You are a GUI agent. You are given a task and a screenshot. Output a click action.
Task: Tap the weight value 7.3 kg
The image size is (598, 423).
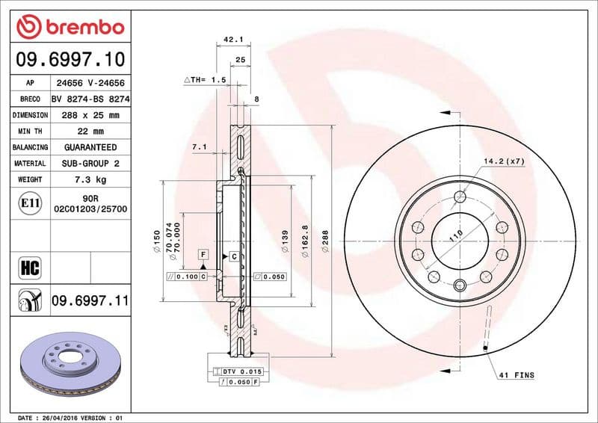coord(90,179)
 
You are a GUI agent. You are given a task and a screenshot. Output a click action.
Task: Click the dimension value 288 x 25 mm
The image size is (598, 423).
coord(90,115)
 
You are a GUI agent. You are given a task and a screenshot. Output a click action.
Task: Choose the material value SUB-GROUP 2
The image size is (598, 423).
coord(90,163)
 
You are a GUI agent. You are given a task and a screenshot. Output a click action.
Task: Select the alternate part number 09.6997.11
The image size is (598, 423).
coord(90,300)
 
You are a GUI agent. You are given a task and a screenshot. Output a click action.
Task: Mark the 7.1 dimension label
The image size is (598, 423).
coord(199,147)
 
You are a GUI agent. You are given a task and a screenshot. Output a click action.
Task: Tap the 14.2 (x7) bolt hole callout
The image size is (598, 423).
coord(504,161)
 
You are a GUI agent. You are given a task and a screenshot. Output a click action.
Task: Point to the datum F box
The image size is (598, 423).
coord(203,255)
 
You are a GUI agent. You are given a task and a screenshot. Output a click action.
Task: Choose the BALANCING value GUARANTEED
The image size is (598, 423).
coord(90,147)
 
